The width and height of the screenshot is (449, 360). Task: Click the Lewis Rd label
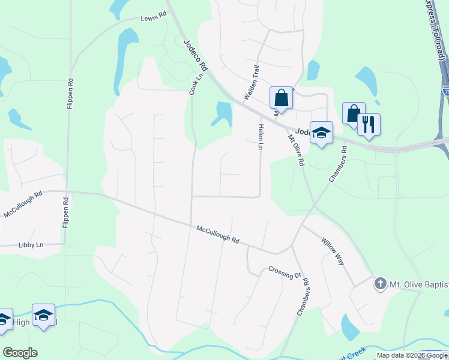(x=154, y=19)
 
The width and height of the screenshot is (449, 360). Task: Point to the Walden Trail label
(x=252, y=83)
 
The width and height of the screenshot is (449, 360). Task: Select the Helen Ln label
(x=261, y=137)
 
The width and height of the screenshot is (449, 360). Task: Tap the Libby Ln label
(x=31, y=245)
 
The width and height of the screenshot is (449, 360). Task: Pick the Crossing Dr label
(x=285, y=272)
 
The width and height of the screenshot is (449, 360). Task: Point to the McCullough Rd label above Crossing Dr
(x=218, y=234)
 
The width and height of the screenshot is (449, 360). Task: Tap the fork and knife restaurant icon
(x=368, y=124)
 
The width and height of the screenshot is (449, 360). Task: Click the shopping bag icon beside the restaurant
(x=353, y=113)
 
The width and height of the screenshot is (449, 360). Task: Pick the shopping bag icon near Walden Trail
(x=281, y=97)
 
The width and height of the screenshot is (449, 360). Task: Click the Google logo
(x=20, y=353)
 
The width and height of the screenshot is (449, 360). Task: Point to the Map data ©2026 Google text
(x=412, y=355)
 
